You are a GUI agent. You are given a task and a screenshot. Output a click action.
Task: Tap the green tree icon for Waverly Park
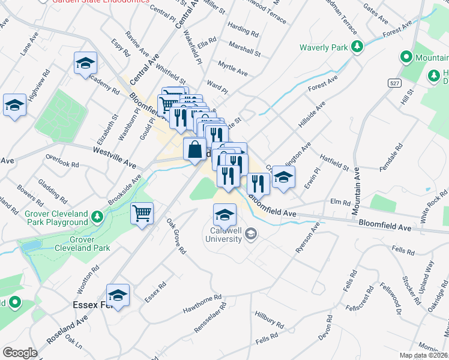[357, 46]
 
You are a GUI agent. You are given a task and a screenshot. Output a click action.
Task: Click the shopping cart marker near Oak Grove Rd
[142, 213]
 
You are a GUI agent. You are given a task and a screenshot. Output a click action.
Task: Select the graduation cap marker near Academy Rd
[85, 63]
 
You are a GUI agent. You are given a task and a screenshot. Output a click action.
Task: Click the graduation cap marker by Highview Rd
[14, 105]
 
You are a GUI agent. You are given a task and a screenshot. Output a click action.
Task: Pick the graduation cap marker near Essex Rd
[118, 295]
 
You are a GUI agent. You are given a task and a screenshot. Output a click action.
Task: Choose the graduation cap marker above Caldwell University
[224, 215]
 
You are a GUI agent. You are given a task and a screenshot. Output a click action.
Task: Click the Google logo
[20, 353]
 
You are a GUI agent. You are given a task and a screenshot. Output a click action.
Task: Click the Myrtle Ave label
[233, 68]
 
